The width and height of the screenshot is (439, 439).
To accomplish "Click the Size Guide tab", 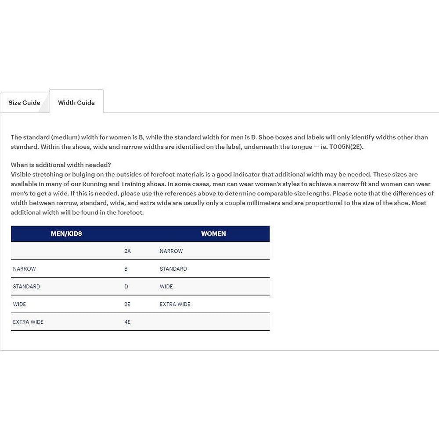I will click(x=25, y=103).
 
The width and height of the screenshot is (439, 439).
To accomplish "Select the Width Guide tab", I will click(x=76, y=103).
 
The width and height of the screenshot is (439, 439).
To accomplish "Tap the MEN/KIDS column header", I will click(x=66, y=234).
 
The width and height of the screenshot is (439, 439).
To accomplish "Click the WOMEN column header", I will click(x=213, y=234).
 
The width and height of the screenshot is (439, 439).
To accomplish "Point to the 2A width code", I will click(x=127, y=251).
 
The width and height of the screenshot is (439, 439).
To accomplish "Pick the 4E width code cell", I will click(x=127, y=322).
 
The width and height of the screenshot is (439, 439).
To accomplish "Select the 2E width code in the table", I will click(x=127, y=304).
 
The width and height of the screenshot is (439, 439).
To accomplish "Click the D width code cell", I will click(x=126, y=287).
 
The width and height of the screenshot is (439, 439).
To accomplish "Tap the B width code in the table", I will click(x=126, y=269).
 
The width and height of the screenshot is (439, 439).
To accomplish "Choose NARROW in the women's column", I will click(x=171, y=251).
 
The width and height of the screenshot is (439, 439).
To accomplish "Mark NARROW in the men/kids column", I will click(x=25, y=269).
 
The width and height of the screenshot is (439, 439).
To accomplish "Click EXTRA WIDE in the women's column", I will click(x=175, y=304).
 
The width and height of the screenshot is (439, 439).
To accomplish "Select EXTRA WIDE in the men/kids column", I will click(x=28, y=322).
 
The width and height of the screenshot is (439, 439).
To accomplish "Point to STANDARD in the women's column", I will click(x=173, y=269).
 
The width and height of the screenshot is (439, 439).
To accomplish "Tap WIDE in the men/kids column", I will click(x=19, y=304).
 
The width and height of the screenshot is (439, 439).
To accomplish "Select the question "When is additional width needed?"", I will click(x=61, y=165).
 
